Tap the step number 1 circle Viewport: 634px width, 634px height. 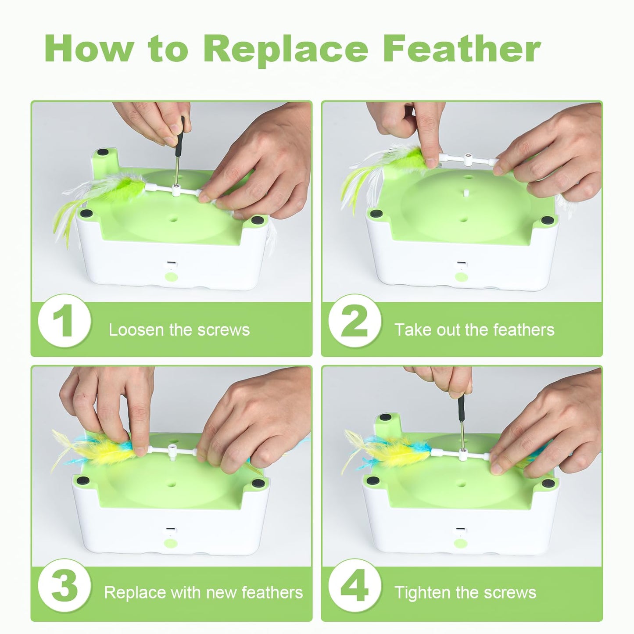(x=65, y=322)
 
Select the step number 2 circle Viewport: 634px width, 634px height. (x=355, y=322)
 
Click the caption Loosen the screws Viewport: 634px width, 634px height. (x=179, y=330)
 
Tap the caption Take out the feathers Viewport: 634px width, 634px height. (x=474, y=330)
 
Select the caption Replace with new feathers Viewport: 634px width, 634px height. (x=203, y=592)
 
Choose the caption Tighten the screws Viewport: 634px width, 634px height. (x=465, y=592)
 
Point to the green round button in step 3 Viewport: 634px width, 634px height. (x=169, y=542)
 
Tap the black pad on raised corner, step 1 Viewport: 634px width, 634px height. (x=103, y=152)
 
